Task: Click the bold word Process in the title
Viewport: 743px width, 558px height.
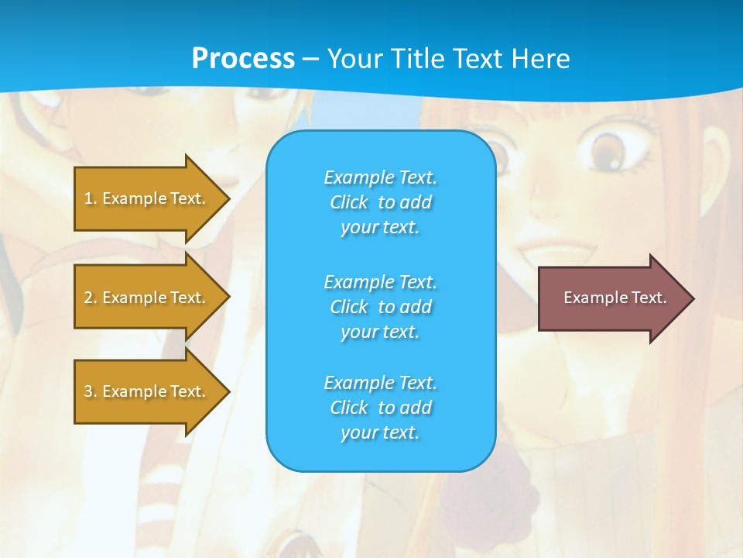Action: pos(243,59)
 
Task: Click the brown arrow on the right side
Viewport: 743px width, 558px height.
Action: pos(611,298)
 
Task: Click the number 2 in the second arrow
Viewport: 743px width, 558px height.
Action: pos(88,298)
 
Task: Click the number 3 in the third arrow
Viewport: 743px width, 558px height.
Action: pos(88,391)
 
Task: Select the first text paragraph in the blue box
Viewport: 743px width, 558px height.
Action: pos(380,202)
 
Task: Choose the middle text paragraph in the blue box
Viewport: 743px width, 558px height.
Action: pos(380,307)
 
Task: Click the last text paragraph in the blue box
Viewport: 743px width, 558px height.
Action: pos(380,408)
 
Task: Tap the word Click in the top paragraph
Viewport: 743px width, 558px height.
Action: pos(349,202)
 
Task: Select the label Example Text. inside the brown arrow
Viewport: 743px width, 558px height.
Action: pos(615,298)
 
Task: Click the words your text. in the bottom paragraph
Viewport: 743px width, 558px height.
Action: pos(380,432)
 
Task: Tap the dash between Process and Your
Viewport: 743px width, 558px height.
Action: pos(310,59)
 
